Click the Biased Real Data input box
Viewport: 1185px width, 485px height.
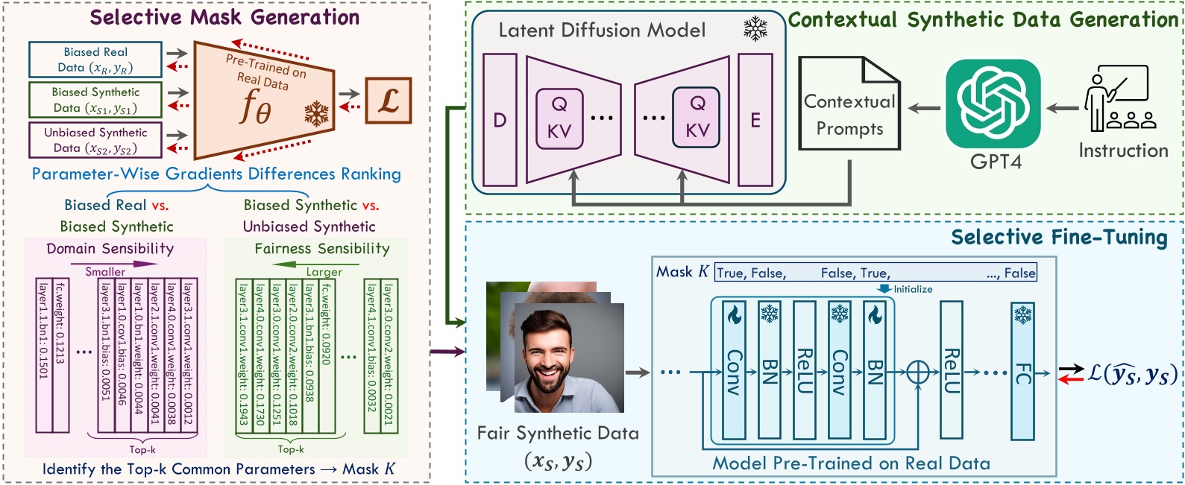95,60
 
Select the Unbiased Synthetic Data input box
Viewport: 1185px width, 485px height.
95,140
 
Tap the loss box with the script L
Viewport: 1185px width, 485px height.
389,101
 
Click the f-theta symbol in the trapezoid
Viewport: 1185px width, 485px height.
256,107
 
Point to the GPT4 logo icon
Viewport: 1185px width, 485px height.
993,104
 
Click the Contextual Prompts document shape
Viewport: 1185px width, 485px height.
849,103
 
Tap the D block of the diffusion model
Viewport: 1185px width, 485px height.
500,120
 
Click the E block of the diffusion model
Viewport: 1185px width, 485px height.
755,120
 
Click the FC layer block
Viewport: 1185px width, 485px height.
1022,371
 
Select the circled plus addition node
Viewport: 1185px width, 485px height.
918,373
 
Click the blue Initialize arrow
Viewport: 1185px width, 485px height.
884,289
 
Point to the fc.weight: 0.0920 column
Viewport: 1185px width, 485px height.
327,356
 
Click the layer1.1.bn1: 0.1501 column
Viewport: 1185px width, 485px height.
44,355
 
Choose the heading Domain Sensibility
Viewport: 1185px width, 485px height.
110,248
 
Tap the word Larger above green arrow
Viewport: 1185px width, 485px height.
324,272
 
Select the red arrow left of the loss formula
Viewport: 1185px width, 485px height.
1071,379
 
